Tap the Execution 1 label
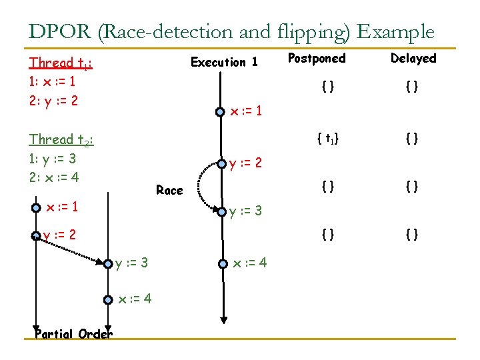[224, 62]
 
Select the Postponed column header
[317, 59]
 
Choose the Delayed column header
[413, 59]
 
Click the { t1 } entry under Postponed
[327, 139]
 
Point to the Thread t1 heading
[61, 63]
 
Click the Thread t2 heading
[61, 140]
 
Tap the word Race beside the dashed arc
[169, 191]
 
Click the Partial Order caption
[73, 333]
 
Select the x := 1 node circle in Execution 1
[220, 111]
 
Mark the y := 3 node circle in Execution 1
[220, 212]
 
